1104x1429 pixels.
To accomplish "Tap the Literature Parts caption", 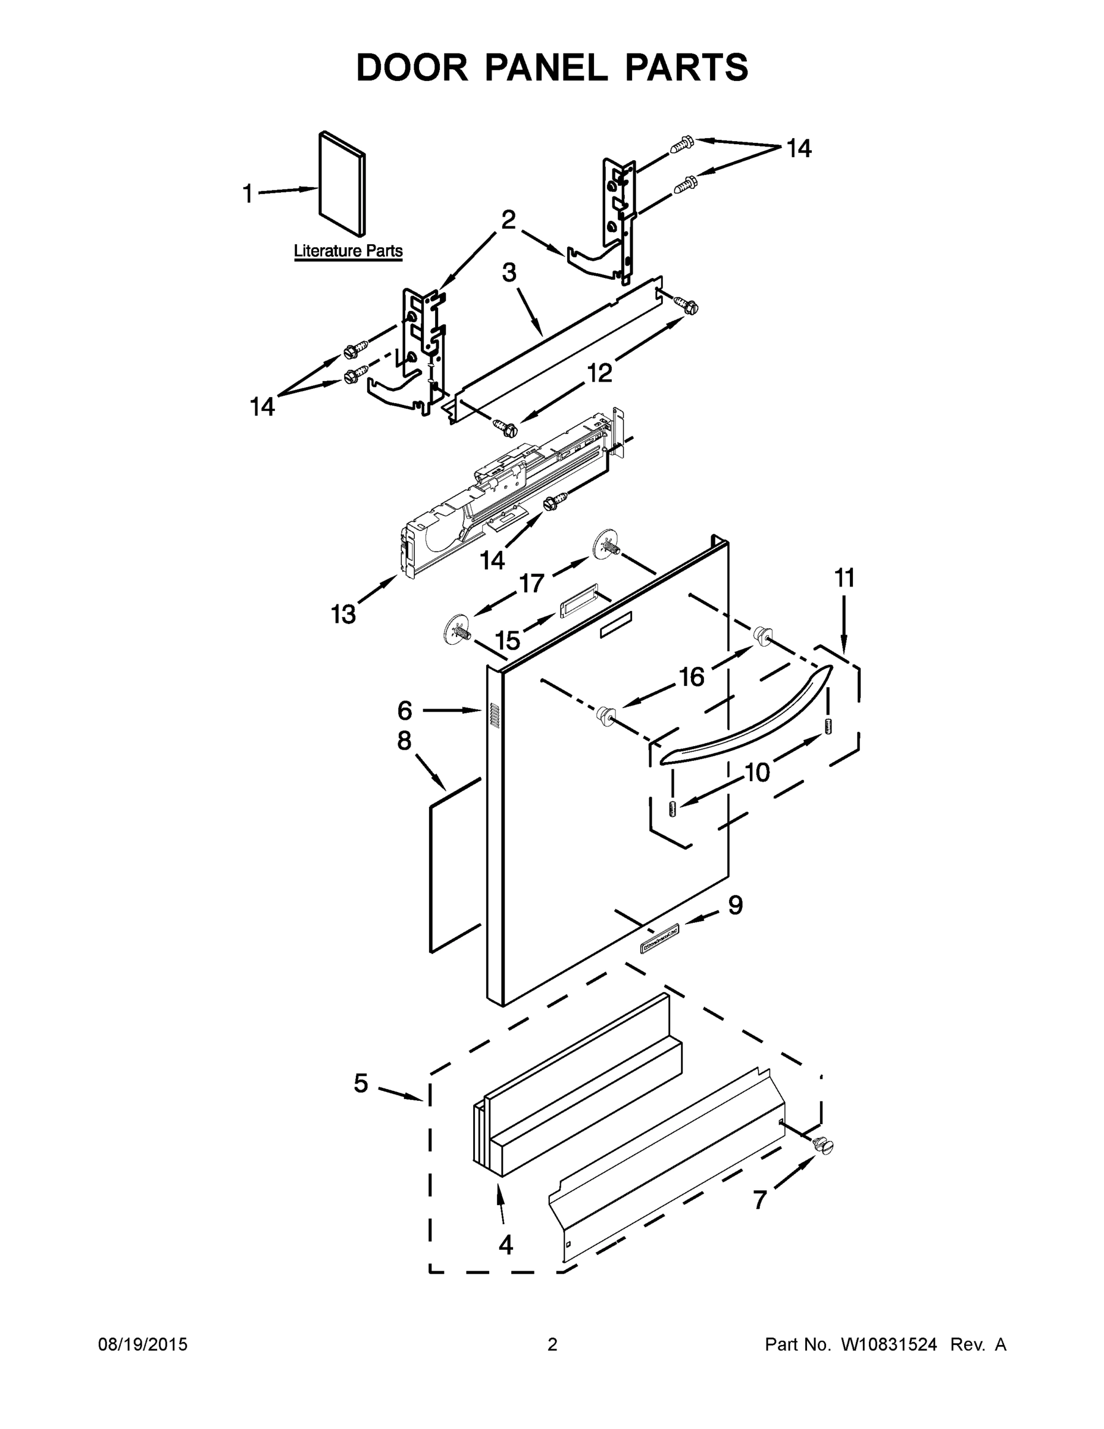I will click(x=348, y=251).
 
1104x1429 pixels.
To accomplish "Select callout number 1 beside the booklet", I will click(x=248, y=194).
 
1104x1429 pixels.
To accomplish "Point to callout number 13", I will click(x=343, y=614).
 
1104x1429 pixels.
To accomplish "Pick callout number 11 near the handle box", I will click(x=844, y=578).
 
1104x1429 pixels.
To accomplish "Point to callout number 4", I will click(x=505, y=1244).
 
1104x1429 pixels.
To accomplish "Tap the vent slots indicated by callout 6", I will click(x=495, y=716).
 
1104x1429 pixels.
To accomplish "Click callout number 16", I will click(x=692, y=676).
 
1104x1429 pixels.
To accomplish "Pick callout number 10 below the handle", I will click(x=758, y=772).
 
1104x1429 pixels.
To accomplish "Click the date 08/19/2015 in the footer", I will click(x=143, y=1344).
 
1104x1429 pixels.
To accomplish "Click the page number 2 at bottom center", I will click(x=552, y=1344).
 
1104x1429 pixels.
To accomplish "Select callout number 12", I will click(x=599, y=373).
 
